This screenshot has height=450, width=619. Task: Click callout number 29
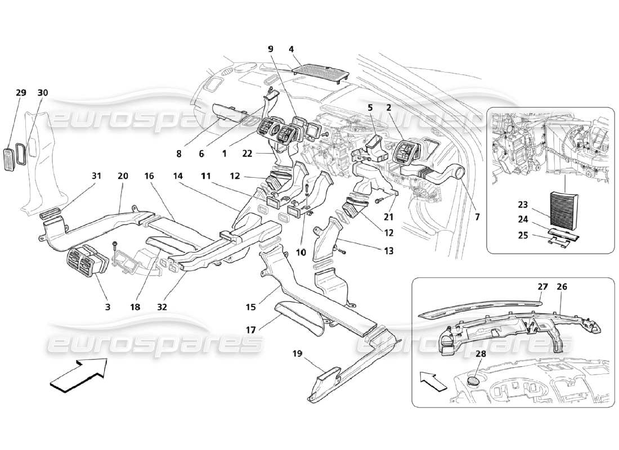click(x=21, y=92)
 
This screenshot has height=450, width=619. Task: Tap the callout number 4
click(x=291, y=49)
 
